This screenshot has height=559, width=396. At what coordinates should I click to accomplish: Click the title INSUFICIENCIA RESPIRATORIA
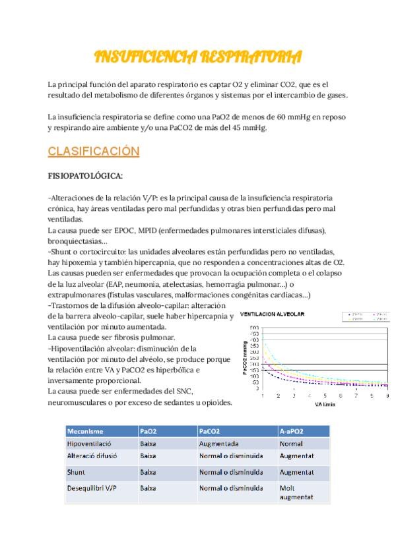(x=198, y=57)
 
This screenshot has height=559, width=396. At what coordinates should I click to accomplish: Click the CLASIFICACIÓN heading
(x=93, y=151)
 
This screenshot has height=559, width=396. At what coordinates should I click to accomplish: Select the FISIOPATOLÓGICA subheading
(x=85, y=176)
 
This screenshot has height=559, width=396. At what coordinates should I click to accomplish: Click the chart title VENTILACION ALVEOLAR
(x=272, y=314)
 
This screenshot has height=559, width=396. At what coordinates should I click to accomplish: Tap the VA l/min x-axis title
(x=325, y=403)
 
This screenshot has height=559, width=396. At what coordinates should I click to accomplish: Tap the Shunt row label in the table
(x=76, y=472)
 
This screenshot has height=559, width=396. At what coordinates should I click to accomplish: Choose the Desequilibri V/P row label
(x=94, y=488)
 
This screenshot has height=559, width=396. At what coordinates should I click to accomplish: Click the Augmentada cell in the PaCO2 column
(x=218, y=444)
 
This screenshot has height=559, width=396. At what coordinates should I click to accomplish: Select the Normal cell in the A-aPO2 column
(x=291, y=444)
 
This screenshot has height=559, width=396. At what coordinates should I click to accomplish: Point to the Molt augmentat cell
(x=296, y=493)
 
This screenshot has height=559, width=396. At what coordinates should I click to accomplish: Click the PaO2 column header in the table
(x=148, y=431)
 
